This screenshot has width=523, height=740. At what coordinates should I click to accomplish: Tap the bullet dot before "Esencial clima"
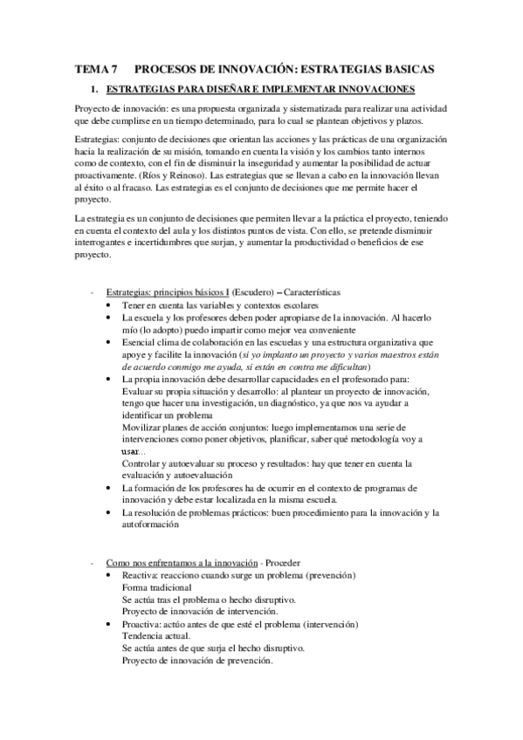(x=107, y=345)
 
